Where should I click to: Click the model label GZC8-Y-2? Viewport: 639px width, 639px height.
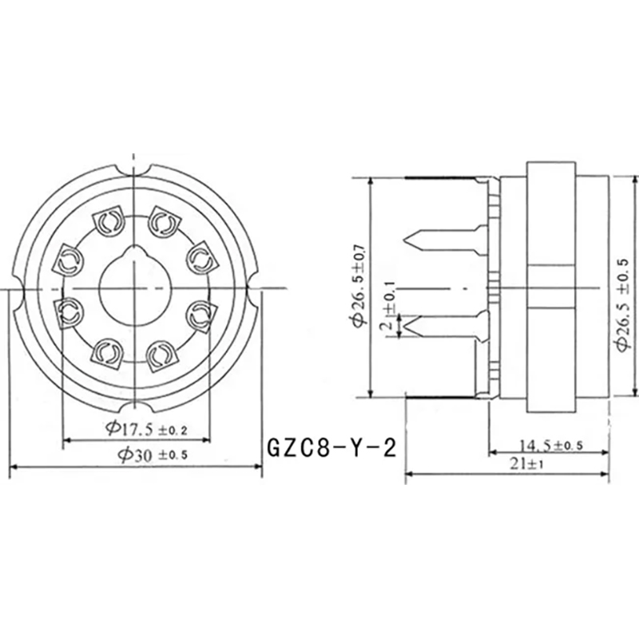tap(331, 448)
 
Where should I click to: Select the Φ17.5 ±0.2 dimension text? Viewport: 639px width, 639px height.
tap(146, 428)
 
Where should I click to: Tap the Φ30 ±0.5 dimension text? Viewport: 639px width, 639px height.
tap(153, 454)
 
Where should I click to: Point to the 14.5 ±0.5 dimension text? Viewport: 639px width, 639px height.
tap(551, 446)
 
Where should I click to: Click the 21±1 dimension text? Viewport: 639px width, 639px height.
tap(526, 464)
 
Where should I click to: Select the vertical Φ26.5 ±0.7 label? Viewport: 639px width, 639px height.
tap(360, 286)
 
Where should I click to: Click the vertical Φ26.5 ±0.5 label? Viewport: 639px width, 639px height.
tap(625, 304)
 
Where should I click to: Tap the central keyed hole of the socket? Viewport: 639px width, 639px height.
tap(134, 285)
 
